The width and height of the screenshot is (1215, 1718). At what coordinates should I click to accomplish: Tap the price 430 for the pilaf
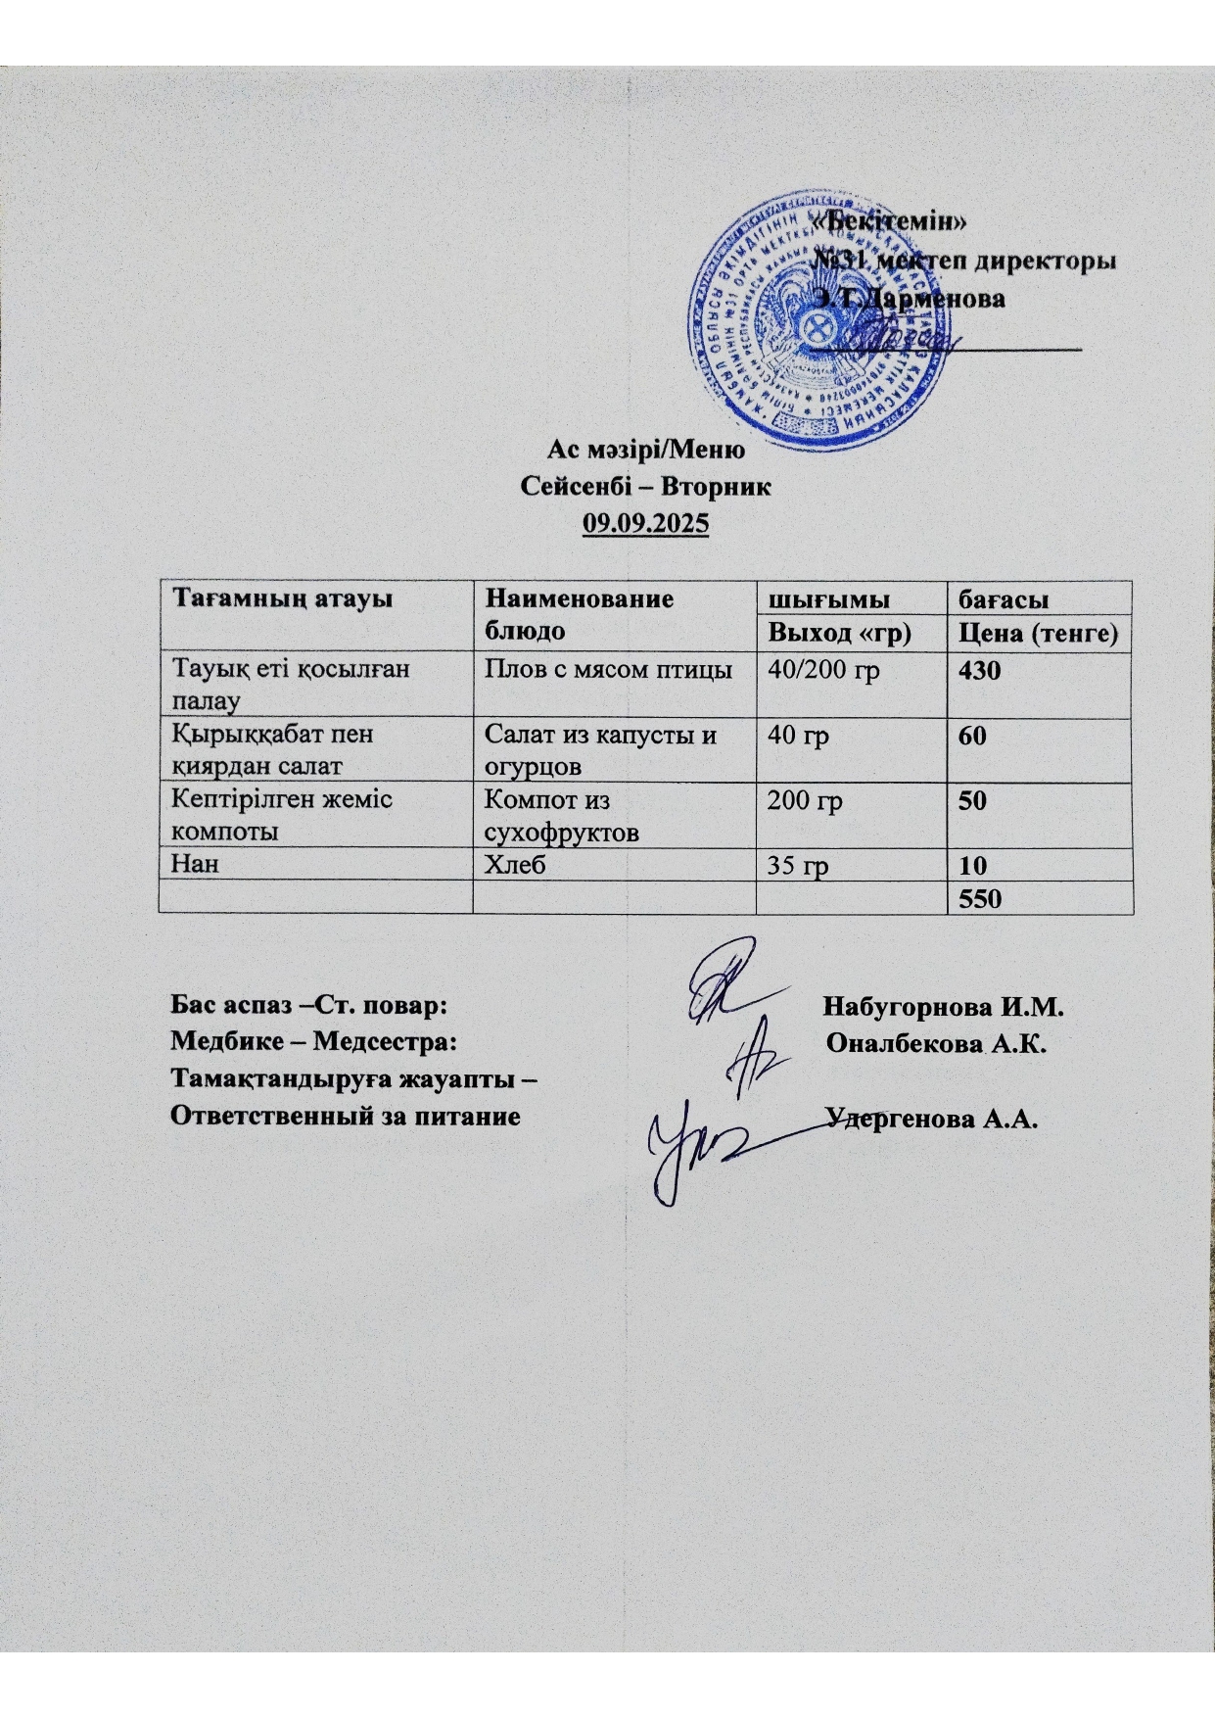[979, 672]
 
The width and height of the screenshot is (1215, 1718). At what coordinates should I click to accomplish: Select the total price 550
[980, 897]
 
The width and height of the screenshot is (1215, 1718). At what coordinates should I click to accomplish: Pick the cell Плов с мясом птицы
[609, 671]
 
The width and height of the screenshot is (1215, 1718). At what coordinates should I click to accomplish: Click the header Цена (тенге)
[1037, 634]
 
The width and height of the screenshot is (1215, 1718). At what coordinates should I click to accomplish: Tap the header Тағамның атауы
[283, 597]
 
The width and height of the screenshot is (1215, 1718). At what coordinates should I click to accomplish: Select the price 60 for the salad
[972, 737]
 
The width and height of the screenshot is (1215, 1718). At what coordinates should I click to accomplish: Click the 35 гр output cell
[798, 866]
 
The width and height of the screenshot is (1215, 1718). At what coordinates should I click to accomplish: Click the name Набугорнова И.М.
[944, 1007]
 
